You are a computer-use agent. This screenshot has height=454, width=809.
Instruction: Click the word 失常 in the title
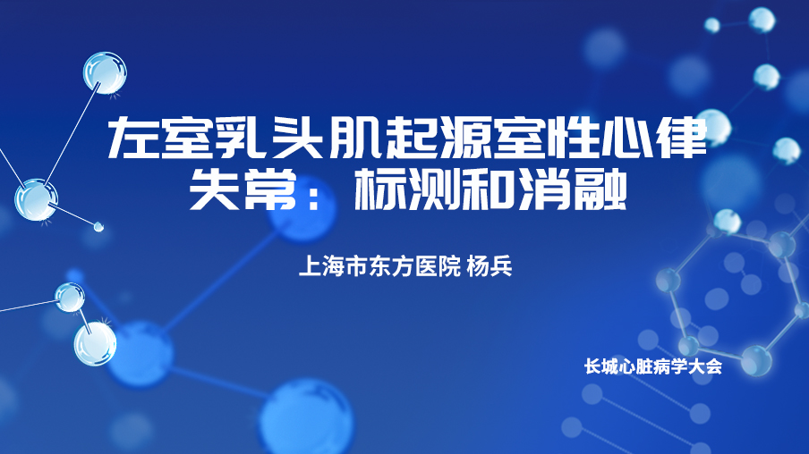click(243, 189)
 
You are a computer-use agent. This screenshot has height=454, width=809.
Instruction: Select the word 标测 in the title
click(406, 189)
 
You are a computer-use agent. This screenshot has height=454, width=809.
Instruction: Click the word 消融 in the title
click(573, 189)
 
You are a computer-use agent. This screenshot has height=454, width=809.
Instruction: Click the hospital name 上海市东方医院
click(379, 266)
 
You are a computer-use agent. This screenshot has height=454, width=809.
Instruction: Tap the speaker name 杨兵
click(490, 266)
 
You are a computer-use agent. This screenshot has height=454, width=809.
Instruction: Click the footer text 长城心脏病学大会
click(653, 366)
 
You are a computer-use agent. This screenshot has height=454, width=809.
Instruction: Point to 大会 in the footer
click(705, 366)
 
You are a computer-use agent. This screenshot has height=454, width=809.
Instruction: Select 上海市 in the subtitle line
click(333, 266)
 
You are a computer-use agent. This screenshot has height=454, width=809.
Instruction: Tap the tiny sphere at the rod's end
click(98, 226)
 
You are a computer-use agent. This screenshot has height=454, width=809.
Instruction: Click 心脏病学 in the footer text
click(653, 366)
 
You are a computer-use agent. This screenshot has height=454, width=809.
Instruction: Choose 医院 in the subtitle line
click(438, 266)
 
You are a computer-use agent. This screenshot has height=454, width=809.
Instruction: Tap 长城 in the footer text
click(601, 366)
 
